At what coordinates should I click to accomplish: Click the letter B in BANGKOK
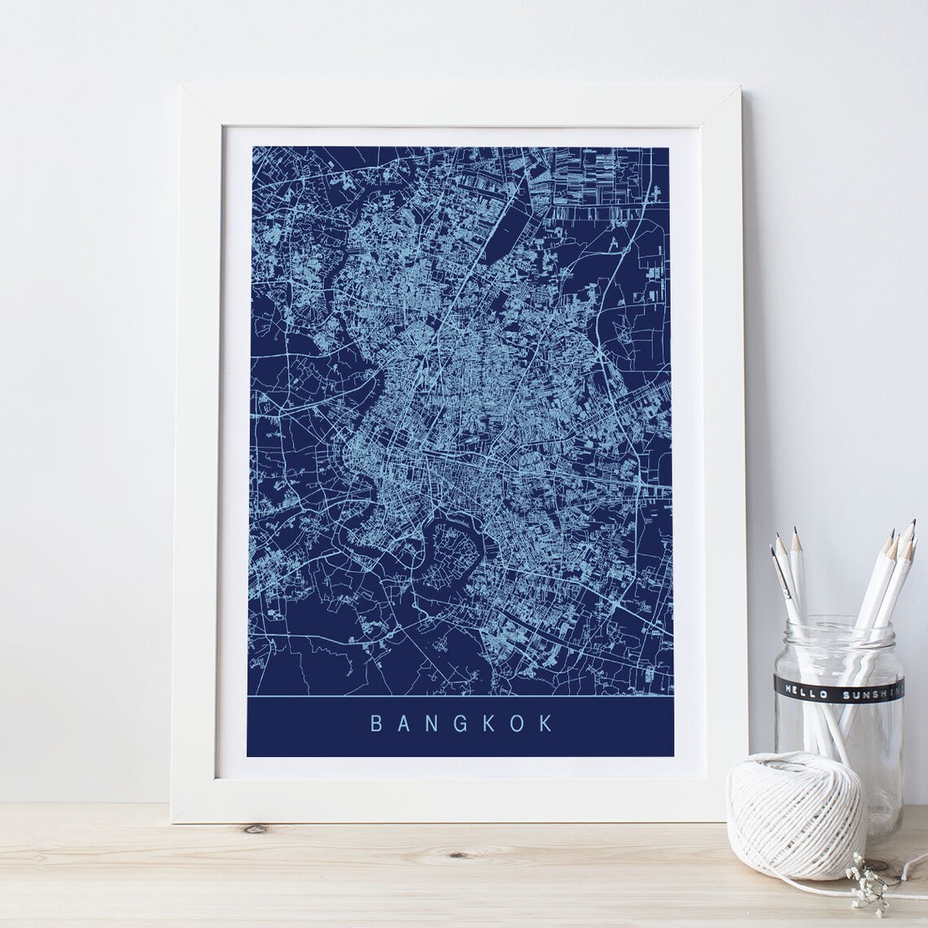coord(376,723)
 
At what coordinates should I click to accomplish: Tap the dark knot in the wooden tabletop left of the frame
coord(256,829)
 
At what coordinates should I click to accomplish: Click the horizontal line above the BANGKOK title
coord(460,698)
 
